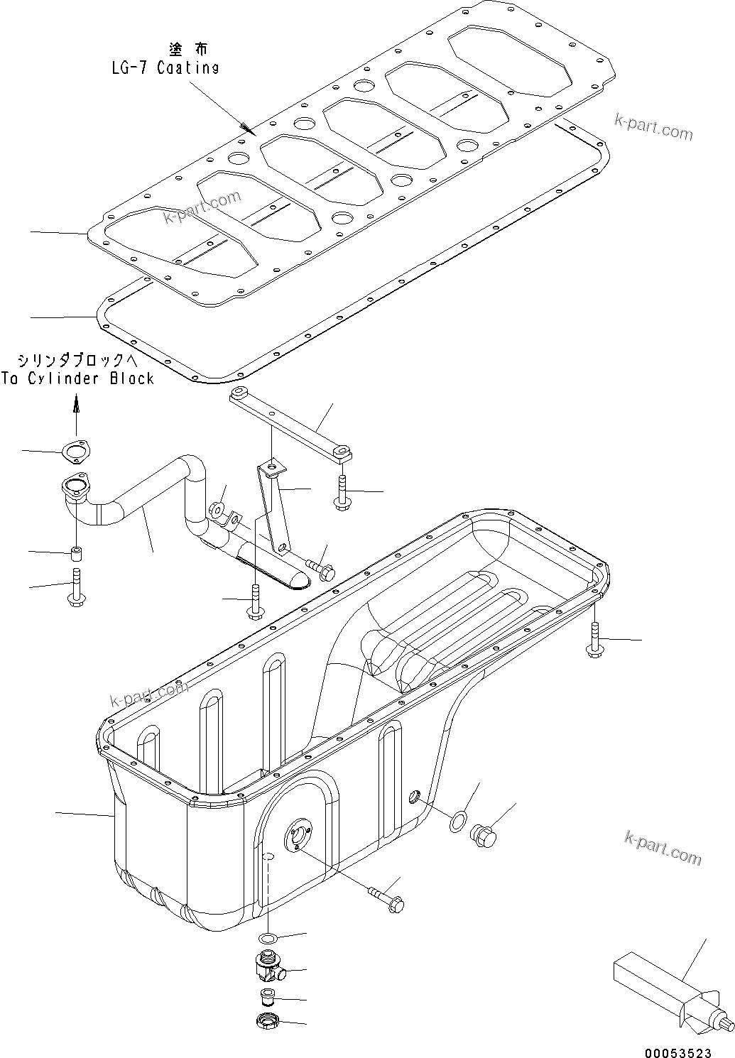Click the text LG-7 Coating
pos(165,67)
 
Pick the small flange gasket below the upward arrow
pos(75,452)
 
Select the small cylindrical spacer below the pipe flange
pos(75,552)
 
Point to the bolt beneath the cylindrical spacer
pos(76,587)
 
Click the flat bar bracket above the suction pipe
pos(291,423)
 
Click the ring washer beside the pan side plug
pos(458,822)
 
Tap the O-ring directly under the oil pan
pos(267,939)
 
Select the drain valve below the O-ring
pos(268,968)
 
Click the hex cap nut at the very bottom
pos(268,1022)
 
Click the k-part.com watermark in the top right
pos(653,127)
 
